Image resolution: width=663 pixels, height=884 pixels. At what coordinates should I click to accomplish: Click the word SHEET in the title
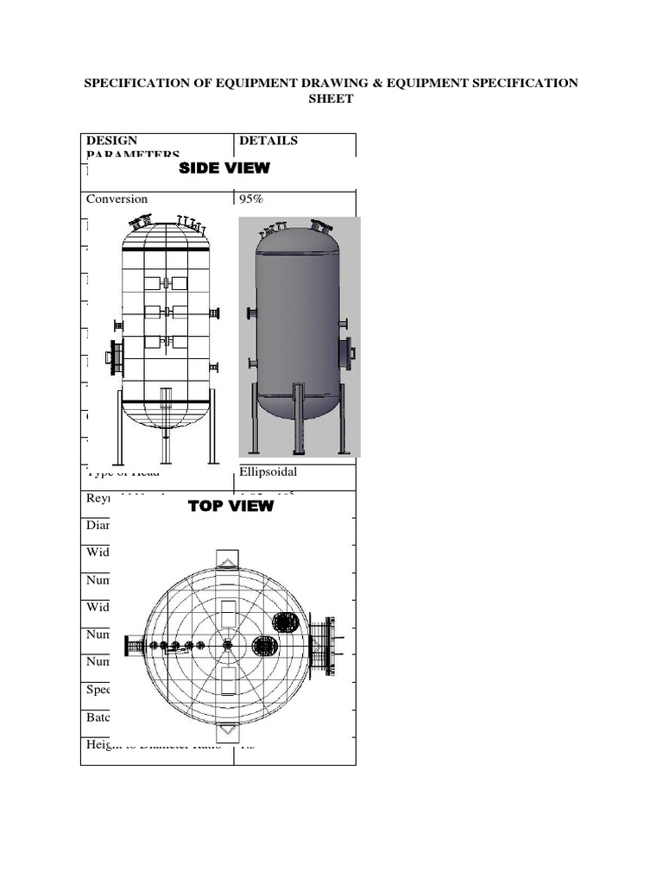point(331,99)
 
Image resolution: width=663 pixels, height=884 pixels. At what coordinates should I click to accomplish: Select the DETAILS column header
point(268,141)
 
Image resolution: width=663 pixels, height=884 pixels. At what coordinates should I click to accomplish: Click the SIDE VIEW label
point(224,168)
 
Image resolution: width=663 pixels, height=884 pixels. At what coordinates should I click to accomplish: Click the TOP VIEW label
point(230,506)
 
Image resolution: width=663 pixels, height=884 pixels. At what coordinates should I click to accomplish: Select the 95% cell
point(251,199)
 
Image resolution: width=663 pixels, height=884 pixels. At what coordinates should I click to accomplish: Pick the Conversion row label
point(117,199)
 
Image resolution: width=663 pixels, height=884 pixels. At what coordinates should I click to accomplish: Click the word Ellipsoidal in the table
point(269,471)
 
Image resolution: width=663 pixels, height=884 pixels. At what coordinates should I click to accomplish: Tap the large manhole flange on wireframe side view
point(113,357)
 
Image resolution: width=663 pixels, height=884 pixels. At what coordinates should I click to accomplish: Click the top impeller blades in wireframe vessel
point(166,283)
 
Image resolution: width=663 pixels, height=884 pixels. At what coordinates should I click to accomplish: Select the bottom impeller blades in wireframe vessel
point(166,341)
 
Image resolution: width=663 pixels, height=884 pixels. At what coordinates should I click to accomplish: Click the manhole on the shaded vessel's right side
point(349,353)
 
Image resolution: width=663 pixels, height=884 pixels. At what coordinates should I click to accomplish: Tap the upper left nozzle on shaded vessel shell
point(251,313)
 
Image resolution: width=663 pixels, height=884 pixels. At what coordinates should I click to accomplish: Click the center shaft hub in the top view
point(228,645)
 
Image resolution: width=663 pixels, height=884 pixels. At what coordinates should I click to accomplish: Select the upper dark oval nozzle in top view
point(285,623)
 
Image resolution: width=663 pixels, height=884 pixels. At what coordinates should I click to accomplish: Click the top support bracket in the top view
point(228,559)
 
